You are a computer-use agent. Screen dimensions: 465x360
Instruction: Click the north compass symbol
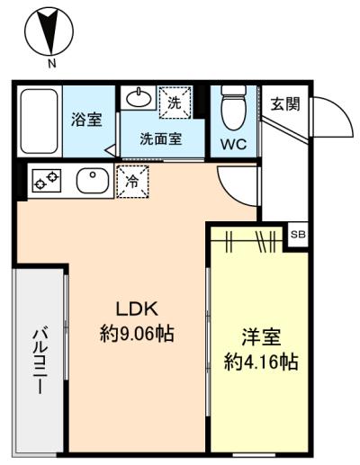pyautogui.click(x=51, y=31)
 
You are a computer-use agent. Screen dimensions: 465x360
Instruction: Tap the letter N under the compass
pyautogui.click(x=51, y=64)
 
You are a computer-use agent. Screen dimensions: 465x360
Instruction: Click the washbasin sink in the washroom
pyautogui.click(x=138, y=97)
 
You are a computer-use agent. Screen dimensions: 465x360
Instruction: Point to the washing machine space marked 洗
pyautogui.click(x=175, y=102)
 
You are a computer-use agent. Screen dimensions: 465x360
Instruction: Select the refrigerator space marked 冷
pyautogui.click(x=132, y=180)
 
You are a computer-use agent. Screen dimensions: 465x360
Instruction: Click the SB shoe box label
pyautogui.click(x=298, y=234)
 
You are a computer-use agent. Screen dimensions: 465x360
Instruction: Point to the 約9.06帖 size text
pyautogui.click(x=136, y=334)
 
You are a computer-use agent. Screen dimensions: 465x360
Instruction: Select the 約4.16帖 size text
pyautogui.click(x=261, y=364)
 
